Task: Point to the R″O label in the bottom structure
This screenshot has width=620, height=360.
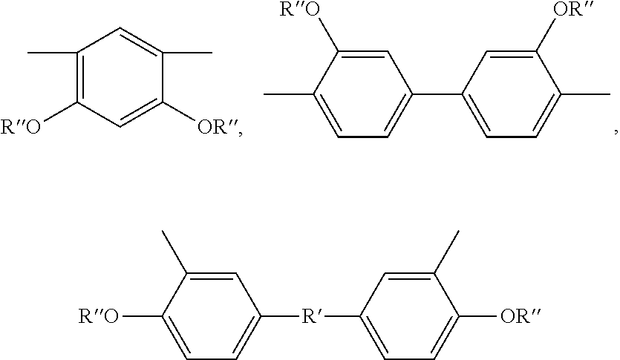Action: [x=98, y=318]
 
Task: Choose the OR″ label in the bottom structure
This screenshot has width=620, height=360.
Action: [x=519, y=318]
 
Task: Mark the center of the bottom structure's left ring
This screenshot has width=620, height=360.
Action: [x=211, y=318]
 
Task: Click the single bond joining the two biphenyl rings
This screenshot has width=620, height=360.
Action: [x=437, y=95]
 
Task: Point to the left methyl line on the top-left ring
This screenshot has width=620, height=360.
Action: [x=52, y=53]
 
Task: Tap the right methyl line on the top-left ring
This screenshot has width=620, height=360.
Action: [x=188, y=53]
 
